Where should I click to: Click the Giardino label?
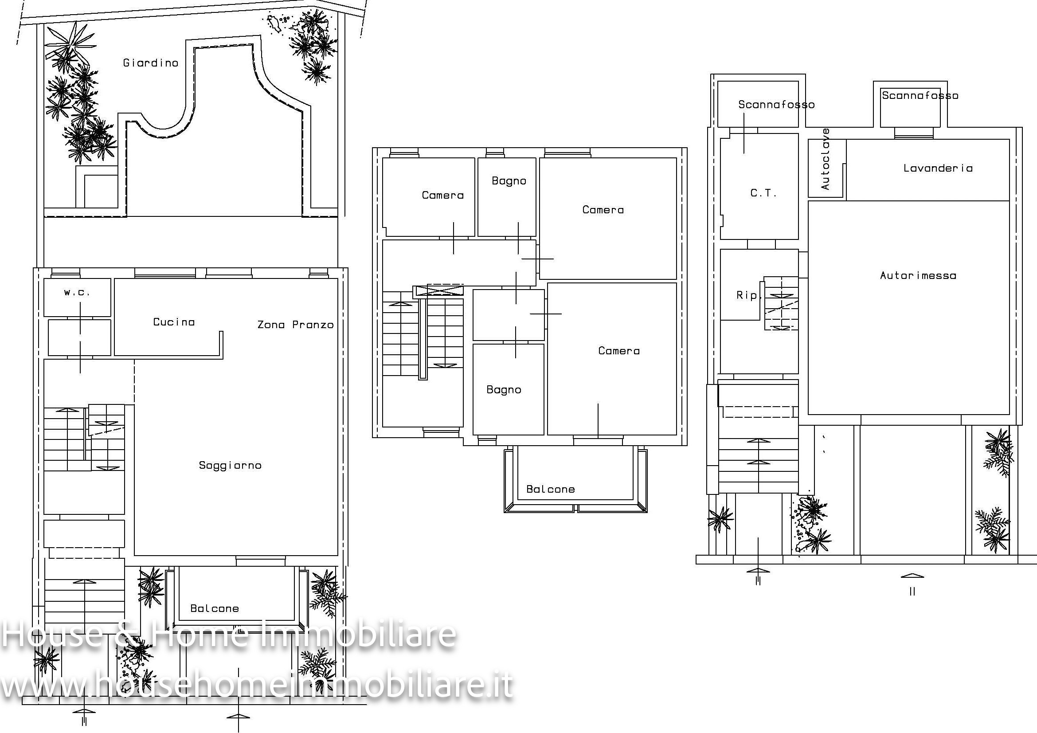(151, 63)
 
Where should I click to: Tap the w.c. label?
(77, 292)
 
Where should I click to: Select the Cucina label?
(174, 322)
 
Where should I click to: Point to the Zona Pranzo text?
(295, 325)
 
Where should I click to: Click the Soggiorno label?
(231, 466)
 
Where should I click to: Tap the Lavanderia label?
(938, 168)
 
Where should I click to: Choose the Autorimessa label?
(918, 275)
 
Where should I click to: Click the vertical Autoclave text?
(826, 159)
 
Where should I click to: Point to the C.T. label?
(764, 193)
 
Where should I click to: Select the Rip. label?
(749, 295)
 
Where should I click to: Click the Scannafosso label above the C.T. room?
(776, 105)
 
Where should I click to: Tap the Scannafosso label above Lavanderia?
(920, 96)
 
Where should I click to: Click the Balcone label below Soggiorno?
(215, 609)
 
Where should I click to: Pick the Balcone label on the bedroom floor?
(551, 490)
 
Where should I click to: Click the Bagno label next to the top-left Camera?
(509, 181)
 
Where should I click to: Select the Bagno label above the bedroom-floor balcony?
(504, 390)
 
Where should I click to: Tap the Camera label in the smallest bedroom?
(442, 195)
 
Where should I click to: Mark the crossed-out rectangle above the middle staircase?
(438, 290)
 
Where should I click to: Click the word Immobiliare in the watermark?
(359, 634)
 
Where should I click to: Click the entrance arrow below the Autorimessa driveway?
(912, 576)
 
